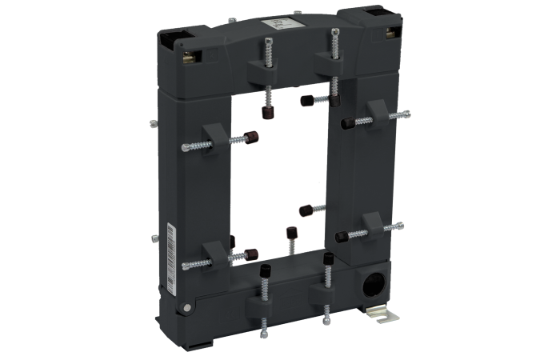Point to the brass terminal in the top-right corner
tap(392, 33)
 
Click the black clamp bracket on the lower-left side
tap(209, 254)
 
